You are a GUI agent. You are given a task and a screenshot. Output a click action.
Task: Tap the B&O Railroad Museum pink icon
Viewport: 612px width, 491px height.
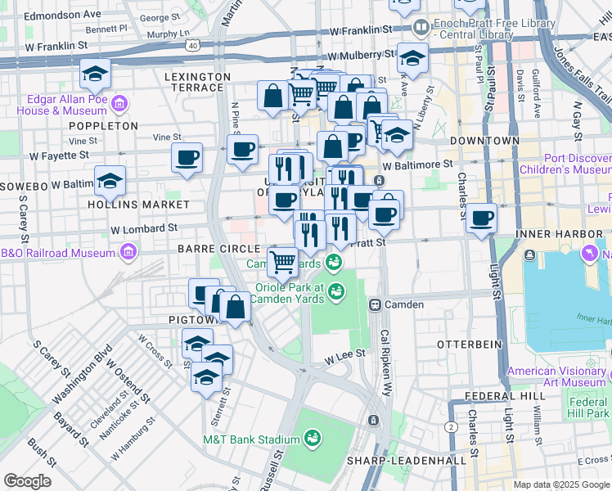point(128,253)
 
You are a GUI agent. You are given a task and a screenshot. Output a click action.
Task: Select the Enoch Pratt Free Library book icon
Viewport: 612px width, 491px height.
point(421,28)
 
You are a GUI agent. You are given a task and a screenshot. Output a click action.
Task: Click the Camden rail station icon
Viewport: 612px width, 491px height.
point(375,304)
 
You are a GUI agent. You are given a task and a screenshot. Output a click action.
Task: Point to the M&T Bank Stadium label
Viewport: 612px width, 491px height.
point(250,439)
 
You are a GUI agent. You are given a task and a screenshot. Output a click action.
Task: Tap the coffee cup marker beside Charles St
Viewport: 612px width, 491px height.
point(482,218)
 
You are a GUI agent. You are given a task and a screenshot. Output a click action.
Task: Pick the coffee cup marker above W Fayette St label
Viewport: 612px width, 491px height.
point(187,156)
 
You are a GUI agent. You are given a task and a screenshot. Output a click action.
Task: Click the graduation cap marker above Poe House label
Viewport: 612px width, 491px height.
point(96,74)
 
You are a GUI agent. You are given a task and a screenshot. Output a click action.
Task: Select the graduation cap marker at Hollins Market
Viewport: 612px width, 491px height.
point(110,182)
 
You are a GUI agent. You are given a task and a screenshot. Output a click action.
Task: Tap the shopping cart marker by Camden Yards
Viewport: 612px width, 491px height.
point(282,262)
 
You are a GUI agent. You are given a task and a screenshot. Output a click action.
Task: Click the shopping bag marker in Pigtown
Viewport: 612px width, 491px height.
point(235,308)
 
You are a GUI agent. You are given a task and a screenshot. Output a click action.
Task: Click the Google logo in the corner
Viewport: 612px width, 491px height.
point(27,481)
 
